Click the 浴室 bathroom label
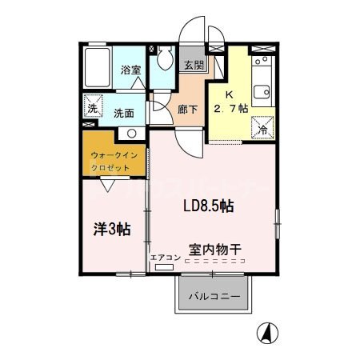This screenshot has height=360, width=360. coord(130,70)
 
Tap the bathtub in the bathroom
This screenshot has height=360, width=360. coord(98,70)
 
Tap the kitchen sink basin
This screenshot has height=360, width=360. coord(262,87)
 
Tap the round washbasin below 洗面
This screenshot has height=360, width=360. coord(133,134)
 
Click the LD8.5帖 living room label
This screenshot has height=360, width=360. coord(208,206)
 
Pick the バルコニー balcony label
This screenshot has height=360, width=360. coord(214,298)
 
